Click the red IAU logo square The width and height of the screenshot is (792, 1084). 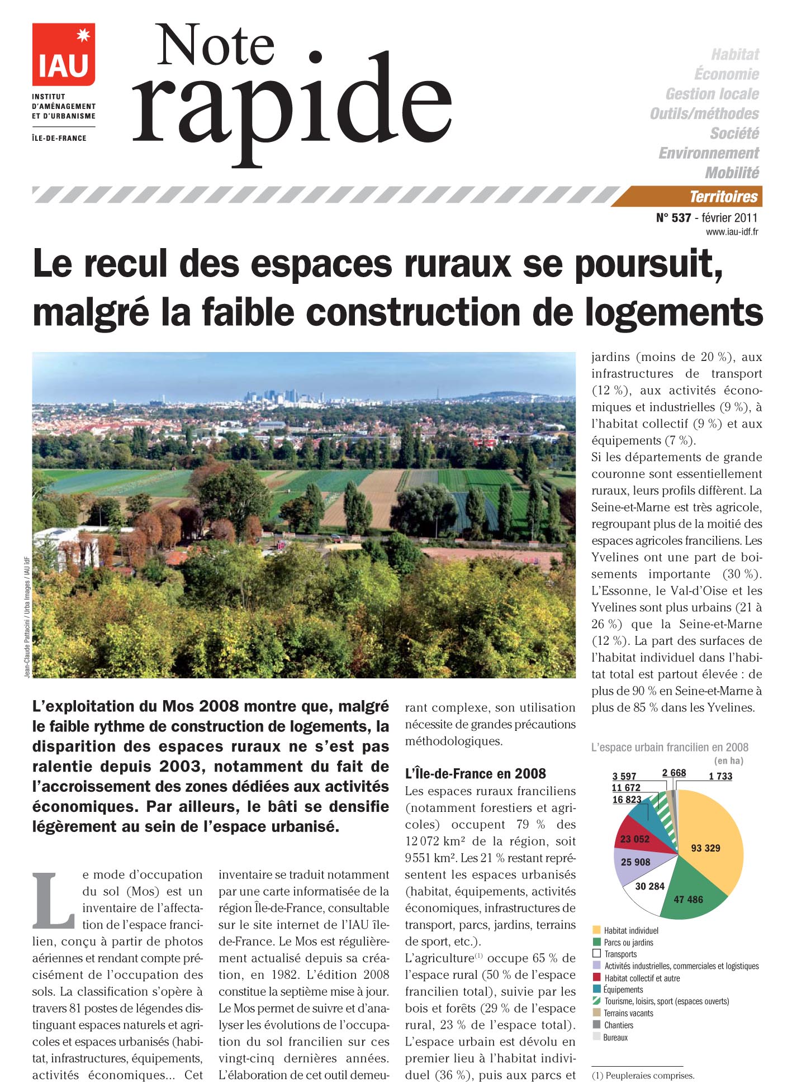[x=63, y=54]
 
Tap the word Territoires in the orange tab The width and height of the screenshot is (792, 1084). [x=723, y=197]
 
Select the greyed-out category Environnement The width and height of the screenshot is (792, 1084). [x=709, y=153]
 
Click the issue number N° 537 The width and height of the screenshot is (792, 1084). [x=673, y=218]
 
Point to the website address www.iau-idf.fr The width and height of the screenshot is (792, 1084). [x=732, y=232]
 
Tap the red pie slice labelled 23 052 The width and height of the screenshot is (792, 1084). [x=635, y=839]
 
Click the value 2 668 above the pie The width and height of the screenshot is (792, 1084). [x=674, y=773]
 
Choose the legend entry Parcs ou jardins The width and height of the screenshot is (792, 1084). [x=628, y=943]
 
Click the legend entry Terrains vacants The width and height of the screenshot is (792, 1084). [x=628, y=1013]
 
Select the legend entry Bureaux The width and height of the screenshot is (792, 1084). [x=615, y=1037]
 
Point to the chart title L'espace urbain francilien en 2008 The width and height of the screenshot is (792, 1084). [x=670, y=747]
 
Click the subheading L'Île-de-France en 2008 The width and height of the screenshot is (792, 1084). [x=475, y=773]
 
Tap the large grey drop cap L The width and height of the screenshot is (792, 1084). [x=53, y=900]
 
